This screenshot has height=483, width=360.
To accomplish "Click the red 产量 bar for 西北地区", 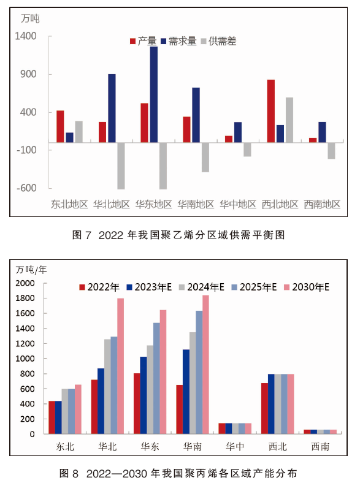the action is coord(271,111).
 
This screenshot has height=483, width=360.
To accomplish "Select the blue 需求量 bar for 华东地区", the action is coord(154,94).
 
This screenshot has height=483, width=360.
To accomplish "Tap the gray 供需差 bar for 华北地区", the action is coord(121,165).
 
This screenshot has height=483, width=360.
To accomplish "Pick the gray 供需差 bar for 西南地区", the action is coord(331,151).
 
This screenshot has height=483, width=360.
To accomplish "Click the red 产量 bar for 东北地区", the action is coord(61,126).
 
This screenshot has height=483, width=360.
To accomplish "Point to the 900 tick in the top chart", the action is coord(28,74).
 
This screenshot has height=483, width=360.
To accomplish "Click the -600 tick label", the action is coord(26,188).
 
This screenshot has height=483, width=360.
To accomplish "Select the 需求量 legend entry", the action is coord(179,41).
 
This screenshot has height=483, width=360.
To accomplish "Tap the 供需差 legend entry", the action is coord(218,41).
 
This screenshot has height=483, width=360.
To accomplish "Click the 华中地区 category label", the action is coord(238,204).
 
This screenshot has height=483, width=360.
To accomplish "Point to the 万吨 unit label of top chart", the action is coord(30,18).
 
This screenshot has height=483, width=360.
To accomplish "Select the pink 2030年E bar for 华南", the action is coord(205,365).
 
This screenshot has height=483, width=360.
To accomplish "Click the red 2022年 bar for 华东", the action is coord(137,403).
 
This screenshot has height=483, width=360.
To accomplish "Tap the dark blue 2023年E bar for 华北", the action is coord(101,401).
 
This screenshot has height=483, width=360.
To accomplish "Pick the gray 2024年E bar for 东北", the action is coord(65,411).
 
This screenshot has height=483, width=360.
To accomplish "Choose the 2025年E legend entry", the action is coord(254,287).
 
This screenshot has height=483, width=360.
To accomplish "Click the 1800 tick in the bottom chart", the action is coord(25,298).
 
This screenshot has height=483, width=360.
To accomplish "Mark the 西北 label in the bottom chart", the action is coord(278,446).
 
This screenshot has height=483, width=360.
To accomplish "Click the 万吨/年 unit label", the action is coord(31,270).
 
